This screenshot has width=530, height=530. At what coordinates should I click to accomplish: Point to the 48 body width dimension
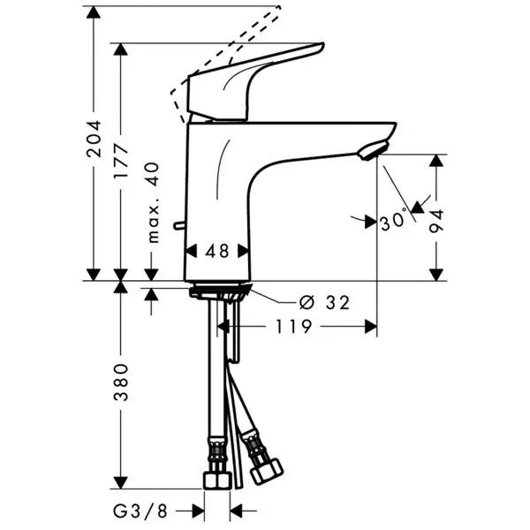point(216,251)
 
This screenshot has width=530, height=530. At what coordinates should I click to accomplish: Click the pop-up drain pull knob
point(179,228)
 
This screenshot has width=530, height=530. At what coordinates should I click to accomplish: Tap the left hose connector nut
point(216,478)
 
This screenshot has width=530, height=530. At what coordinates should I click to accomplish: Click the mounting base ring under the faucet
point(218,291)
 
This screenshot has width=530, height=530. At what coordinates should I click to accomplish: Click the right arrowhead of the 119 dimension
point(370,327)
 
